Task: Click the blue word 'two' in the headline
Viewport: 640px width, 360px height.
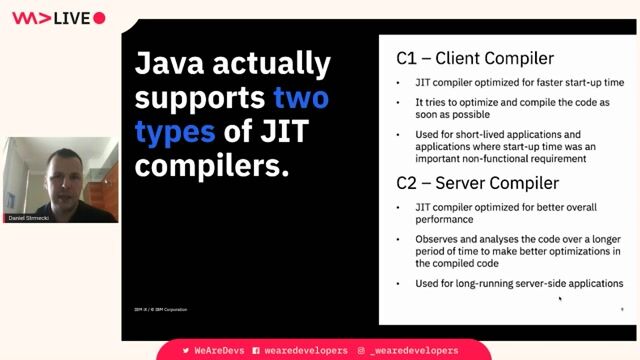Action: click(x=300, y=98)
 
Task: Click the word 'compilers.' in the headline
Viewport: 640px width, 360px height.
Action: click(x=211, y=164)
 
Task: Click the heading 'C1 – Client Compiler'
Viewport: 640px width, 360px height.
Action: click(x=468, y=59)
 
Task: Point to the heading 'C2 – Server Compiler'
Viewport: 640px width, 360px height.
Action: click(x=471, y=182)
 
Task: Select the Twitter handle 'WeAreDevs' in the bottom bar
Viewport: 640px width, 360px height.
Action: click(x=216, y=351)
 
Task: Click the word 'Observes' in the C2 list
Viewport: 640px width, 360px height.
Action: click(x=438, y=239)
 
